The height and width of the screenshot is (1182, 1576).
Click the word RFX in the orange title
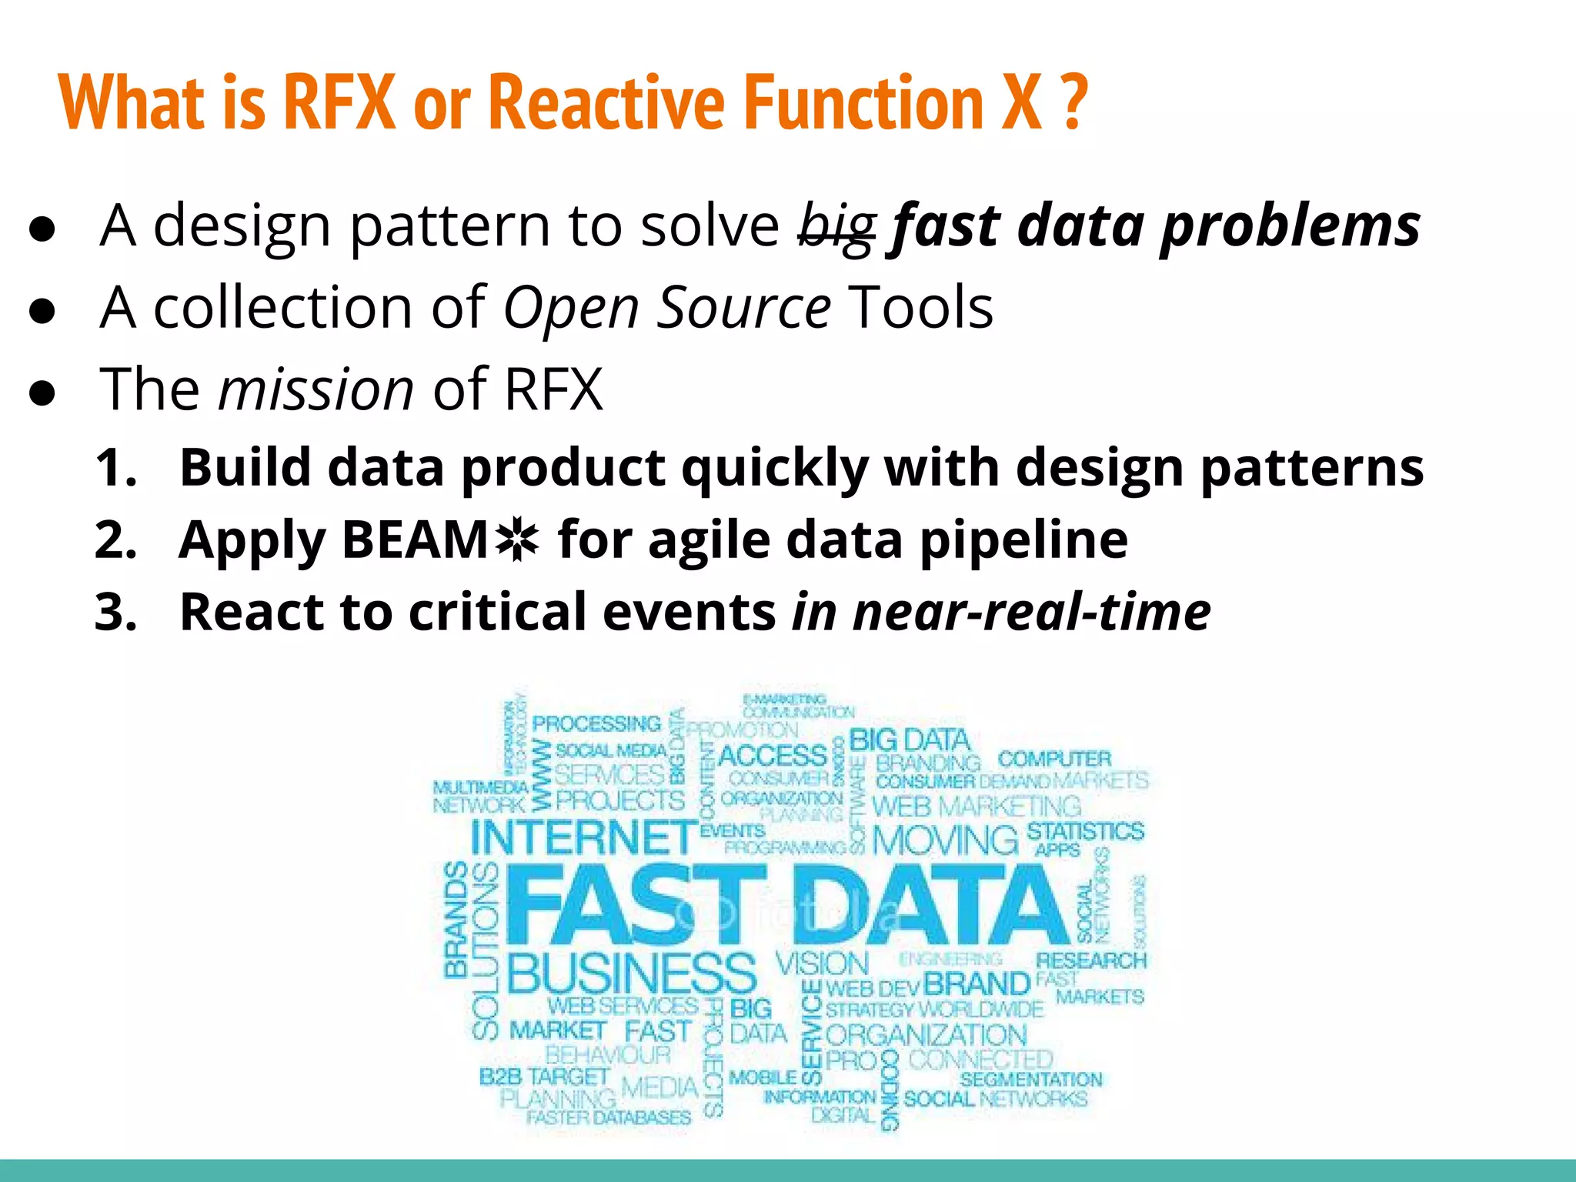(x=339, y=102)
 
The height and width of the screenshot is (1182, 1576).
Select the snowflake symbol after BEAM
(x=517, y=540)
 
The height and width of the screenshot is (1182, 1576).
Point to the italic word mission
(x=316, y=389)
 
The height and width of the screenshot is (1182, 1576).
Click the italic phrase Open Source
(x=666, y=308)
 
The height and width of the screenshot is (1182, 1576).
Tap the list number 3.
(x=115, y=613)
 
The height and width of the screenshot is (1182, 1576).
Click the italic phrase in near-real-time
(x=1001, y=613)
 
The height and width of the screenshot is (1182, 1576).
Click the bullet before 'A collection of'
(x=42, y=310)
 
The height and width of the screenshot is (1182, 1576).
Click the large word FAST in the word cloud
(x=636, y=905)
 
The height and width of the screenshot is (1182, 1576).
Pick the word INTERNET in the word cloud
(x=583, y=837)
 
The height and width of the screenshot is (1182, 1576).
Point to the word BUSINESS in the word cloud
(x=632, y=973)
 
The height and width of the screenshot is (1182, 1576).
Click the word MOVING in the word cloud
(x=945, y=839)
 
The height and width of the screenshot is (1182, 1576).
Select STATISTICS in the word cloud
(x=1085, y=831)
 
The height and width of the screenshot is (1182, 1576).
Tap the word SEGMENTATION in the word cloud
(x=1031, y=1080)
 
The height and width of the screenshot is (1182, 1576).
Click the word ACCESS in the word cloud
(x=772, y=755)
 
